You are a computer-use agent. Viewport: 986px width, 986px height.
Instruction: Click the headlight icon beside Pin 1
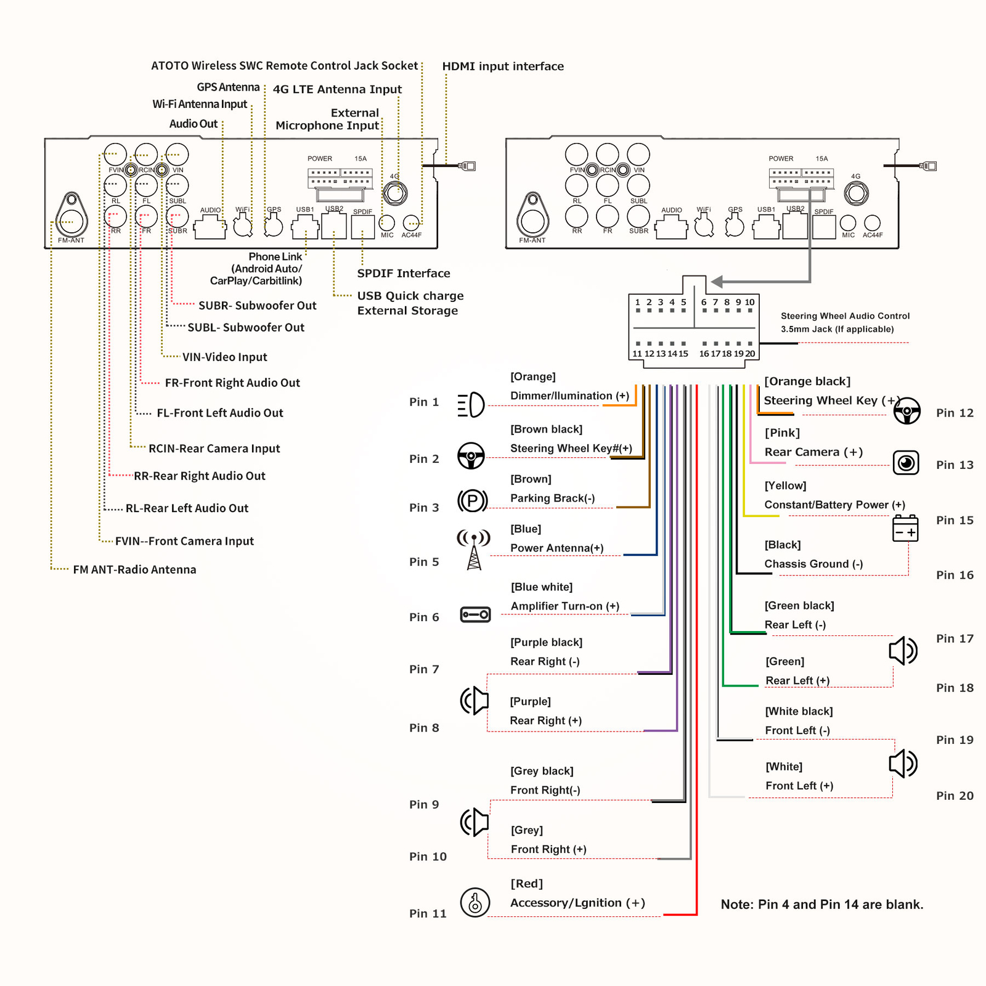click(471, 405)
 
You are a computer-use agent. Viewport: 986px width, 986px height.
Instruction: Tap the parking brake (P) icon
click(473, 500)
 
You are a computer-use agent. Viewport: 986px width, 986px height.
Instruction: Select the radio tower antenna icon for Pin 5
click(473, 550)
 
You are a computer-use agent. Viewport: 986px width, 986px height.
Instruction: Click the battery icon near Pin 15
click(905, 528)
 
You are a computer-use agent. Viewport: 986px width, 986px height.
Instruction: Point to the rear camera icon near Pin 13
click(906, 462)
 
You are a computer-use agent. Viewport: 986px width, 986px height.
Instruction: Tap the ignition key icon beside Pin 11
click(475, 903)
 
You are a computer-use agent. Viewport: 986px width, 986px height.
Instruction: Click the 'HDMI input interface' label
click(503, 66)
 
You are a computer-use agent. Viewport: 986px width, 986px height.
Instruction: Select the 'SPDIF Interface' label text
click(404, 273)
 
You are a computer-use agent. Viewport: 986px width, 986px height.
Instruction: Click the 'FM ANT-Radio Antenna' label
click(134, 569)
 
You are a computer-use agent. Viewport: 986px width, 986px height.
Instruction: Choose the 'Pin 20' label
click(955, 796)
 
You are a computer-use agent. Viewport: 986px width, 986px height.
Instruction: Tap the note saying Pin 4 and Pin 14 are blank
click(822, 905)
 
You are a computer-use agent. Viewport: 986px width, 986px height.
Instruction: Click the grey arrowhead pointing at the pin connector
click(717, 282)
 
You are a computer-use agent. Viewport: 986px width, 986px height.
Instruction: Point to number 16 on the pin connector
click(704, 354)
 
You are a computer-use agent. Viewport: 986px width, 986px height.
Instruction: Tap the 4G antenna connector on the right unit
click(856, 194)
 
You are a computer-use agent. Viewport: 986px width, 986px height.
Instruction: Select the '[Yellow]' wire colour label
click(785, 486)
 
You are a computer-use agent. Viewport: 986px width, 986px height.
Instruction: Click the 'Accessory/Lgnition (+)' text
click(577, 903)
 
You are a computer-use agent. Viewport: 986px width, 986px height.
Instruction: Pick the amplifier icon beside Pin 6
click(475, 614)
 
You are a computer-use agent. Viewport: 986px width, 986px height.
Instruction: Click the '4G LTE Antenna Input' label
click(337, 89)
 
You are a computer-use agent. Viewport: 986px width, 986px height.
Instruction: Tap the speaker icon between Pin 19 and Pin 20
click(903, 764)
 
